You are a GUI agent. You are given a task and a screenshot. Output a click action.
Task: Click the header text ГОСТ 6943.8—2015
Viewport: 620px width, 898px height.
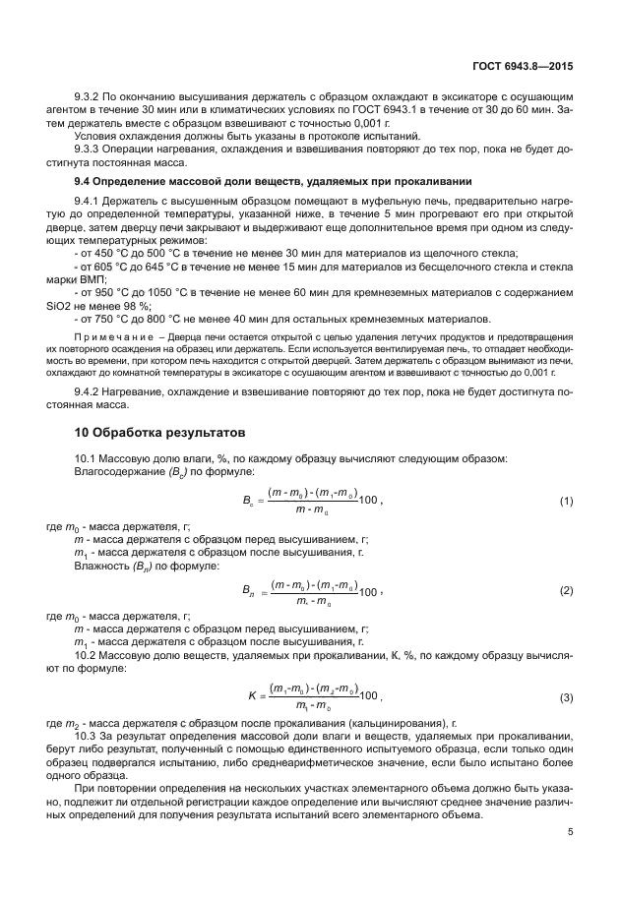click(524, 66)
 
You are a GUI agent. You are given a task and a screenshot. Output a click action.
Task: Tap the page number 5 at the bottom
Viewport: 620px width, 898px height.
click(571, 831)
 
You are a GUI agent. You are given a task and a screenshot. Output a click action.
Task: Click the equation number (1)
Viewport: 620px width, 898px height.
click(566, 501)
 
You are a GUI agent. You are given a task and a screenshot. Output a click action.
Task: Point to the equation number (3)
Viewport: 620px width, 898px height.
click(566, 697)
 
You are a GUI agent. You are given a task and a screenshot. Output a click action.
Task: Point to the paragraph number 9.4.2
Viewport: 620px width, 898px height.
click(91, 392)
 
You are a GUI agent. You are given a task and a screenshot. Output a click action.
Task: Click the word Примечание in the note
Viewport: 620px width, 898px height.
click(108, 338)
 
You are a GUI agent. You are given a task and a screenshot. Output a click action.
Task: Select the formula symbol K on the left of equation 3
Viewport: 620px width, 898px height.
click(252, 695)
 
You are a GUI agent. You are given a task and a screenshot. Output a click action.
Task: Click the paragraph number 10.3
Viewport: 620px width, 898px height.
click(88, 735)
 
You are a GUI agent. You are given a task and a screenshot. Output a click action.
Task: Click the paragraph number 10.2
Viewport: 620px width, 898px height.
click(88, 654)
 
